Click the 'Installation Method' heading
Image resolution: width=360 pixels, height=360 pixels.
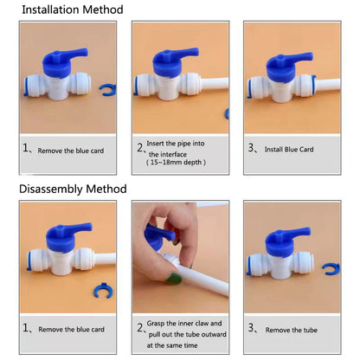73,10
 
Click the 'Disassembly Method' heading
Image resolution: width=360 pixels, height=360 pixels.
73,189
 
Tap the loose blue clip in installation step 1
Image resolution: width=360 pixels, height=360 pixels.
108,89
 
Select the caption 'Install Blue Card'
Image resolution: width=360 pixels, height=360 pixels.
289,150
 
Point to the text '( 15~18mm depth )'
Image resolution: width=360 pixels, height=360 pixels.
176,163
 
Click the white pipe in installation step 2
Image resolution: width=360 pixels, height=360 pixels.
215,83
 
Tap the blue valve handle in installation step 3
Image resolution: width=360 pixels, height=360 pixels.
288,67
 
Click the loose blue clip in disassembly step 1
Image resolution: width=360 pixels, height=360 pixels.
103,291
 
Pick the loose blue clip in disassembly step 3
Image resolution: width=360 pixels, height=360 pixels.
331,268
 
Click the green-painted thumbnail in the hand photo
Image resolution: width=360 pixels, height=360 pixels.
174,278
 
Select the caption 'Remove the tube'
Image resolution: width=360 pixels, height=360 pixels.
292,330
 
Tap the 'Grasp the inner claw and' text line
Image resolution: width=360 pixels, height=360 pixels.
184,324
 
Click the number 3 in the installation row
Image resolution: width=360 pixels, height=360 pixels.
251,148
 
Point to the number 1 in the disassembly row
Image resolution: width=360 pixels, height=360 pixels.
25,328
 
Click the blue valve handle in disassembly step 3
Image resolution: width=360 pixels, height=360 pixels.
287,241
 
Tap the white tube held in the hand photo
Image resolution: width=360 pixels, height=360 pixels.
202,280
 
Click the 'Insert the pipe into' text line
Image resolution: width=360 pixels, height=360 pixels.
176,144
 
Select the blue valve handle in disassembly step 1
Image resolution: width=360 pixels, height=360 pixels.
68,237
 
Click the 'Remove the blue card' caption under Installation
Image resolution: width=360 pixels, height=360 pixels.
71,151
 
